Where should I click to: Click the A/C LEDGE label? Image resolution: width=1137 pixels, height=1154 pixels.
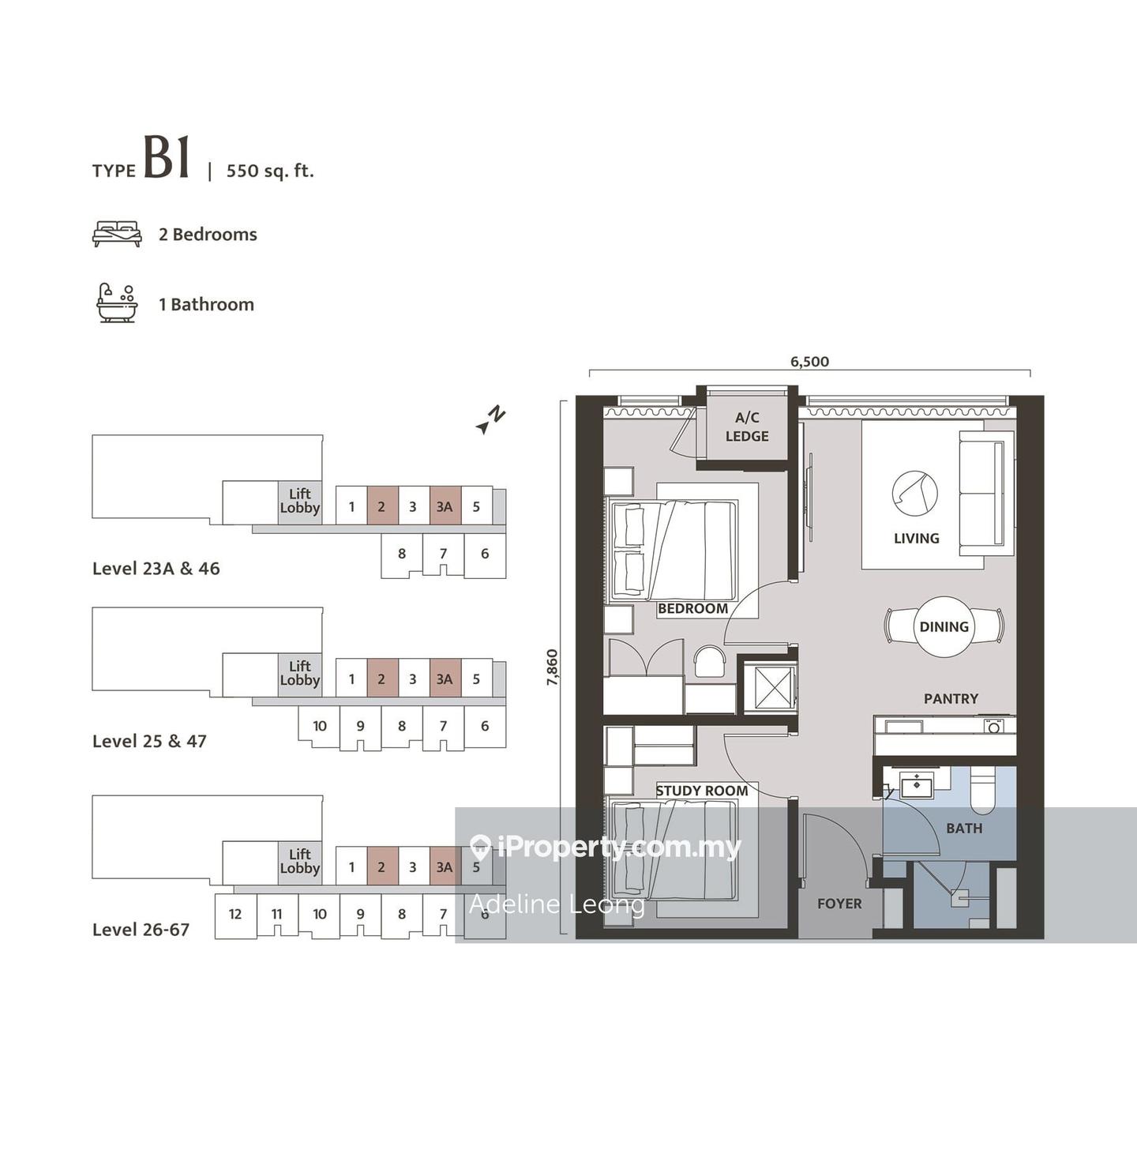click(747, 427)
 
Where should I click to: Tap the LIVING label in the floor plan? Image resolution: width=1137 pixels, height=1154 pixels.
click(916, 539)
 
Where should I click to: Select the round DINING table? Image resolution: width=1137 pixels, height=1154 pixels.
click(944, 626)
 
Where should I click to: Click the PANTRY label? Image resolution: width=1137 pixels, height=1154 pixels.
click(951, 698)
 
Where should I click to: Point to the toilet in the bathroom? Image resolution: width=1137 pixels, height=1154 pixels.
click(982, 790)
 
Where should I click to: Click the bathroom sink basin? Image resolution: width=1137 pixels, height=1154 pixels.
click(916, 784)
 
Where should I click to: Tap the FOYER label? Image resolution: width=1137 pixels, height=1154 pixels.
click(839, 904)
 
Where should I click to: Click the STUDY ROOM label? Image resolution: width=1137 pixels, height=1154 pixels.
click(702, 791)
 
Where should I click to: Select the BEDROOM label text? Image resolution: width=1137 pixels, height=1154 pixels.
click(692, 608)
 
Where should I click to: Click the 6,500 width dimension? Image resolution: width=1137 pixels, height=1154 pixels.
click(809, 362)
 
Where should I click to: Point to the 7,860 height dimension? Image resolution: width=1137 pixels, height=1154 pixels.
click(552, 667)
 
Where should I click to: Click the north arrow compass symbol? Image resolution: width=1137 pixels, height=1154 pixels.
click(491, 419)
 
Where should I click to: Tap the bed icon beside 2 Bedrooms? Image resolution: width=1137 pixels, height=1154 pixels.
click(117, 234)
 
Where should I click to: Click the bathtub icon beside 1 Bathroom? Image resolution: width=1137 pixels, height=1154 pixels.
click(117, 303)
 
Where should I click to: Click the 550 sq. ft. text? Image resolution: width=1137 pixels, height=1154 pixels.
click(270, 171)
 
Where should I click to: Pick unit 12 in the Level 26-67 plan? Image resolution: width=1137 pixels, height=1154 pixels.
click(235, 914)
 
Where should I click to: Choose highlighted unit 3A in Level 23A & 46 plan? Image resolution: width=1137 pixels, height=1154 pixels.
click(445, 506)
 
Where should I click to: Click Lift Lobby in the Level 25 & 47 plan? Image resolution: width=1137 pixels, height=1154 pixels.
click(300, 673)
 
